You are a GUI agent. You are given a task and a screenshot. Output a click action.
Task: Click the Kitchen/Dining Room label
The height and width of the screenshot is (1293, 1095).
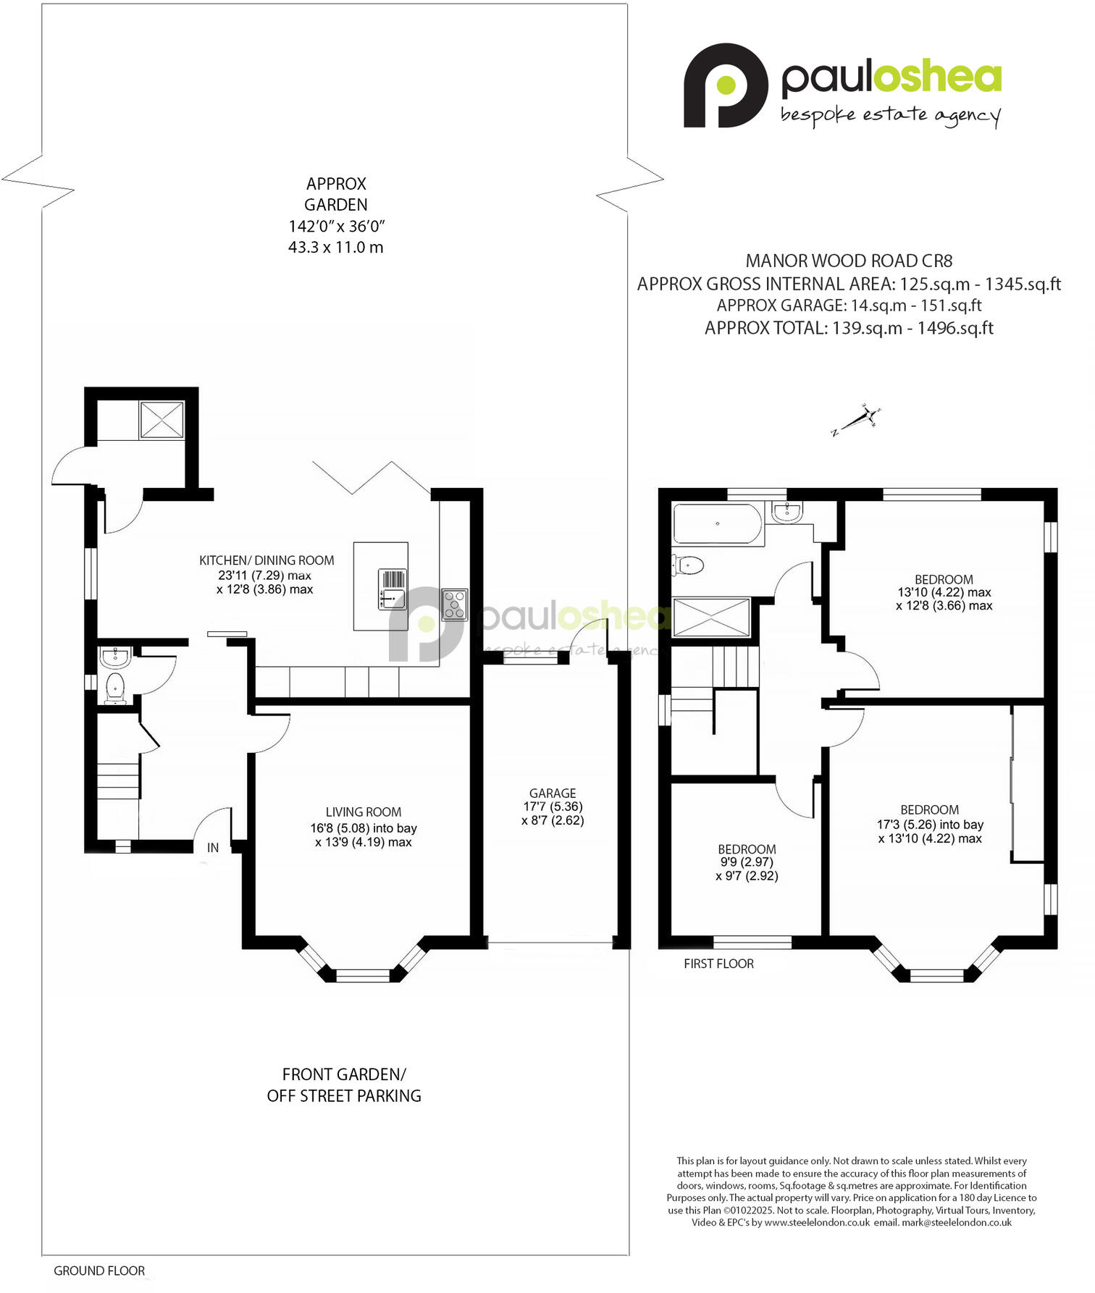coord(267,560)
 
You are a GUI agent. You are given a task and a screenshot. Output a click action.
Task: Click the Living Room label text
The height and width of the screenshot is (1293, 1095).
coord(363,812)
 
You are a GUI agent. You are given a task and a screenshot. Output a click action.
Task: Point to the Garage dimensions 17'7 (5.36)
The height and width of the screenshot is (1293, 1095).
coord(553,806)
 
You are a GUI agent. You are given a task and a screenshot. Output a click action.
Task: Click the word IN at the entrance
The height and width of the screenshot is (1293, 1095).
coord(213,848)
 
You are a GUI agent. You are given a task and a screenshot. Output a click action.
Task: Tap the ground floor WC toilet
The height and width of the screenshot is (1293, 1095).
coord(115,686)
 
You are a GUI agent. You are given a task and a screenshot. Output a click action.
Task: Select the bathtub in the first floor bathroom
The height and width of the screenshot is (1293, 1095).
coord(717,523)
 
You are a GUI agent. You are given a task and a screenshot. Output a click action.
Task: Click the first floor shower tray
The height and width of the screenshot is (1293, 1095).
coord(712,617)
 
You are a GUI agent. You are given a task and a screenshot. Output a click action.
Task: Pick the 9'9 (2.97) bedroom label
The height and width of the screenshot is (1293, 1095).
coord(747,862)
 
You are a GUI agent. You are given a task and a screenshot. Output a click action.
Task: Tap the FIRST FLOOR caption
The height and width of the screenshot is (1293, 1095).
coord(718,964)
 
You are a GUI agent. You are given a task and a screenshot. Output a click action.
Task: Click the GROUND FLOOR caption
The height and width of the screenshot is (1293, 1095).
coord(99,1271)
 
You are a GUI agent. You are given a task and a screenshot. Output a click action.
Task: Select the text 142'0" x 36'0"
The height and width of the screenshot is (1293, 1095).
coord(336,226)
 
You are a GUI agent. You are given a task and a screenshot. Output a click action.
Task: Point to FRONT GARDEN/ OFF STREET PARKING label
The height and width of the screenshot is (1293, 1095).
coord(344,1084)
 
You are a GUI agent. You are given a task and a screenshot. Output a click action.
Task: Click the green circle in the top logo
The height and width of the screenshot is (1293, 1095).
coord(726,84)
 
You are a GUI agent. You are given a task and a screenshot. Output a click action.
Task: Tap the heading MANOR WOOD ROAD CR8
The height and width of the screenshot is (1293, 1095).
coord(849,261)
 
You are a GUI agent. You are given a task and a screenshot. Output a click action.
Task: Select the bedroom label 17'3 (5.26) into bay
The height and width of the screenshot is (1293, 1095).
coord(930,825)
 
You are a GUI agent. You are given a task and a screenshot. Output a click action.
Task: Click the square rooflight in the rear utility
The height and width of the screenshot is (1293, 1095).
coord(161,420)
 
